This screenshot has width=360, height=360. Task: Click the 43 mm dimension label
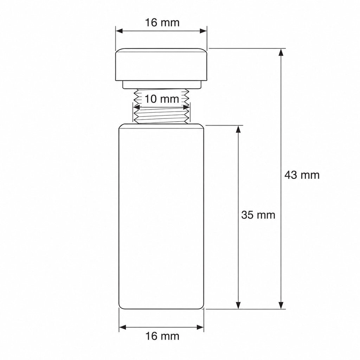click(x=302, y=175)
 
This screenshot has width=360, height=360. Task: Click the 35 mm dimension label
click(x=258, y=215)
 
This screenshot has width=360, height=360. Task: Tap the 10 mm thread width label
click(x=162, y=99)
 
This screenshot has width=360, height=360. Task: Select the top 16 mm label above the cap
click(x=162, y=23)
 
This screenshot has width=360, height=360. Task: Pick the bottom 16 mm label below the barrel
click(x=162, y=336)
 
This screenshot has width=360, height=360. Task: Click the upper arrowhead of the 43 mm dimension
click(x=281, y=52)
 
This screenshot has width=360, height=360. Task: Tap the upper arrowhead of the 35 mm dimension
click(x=239, y=129)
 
